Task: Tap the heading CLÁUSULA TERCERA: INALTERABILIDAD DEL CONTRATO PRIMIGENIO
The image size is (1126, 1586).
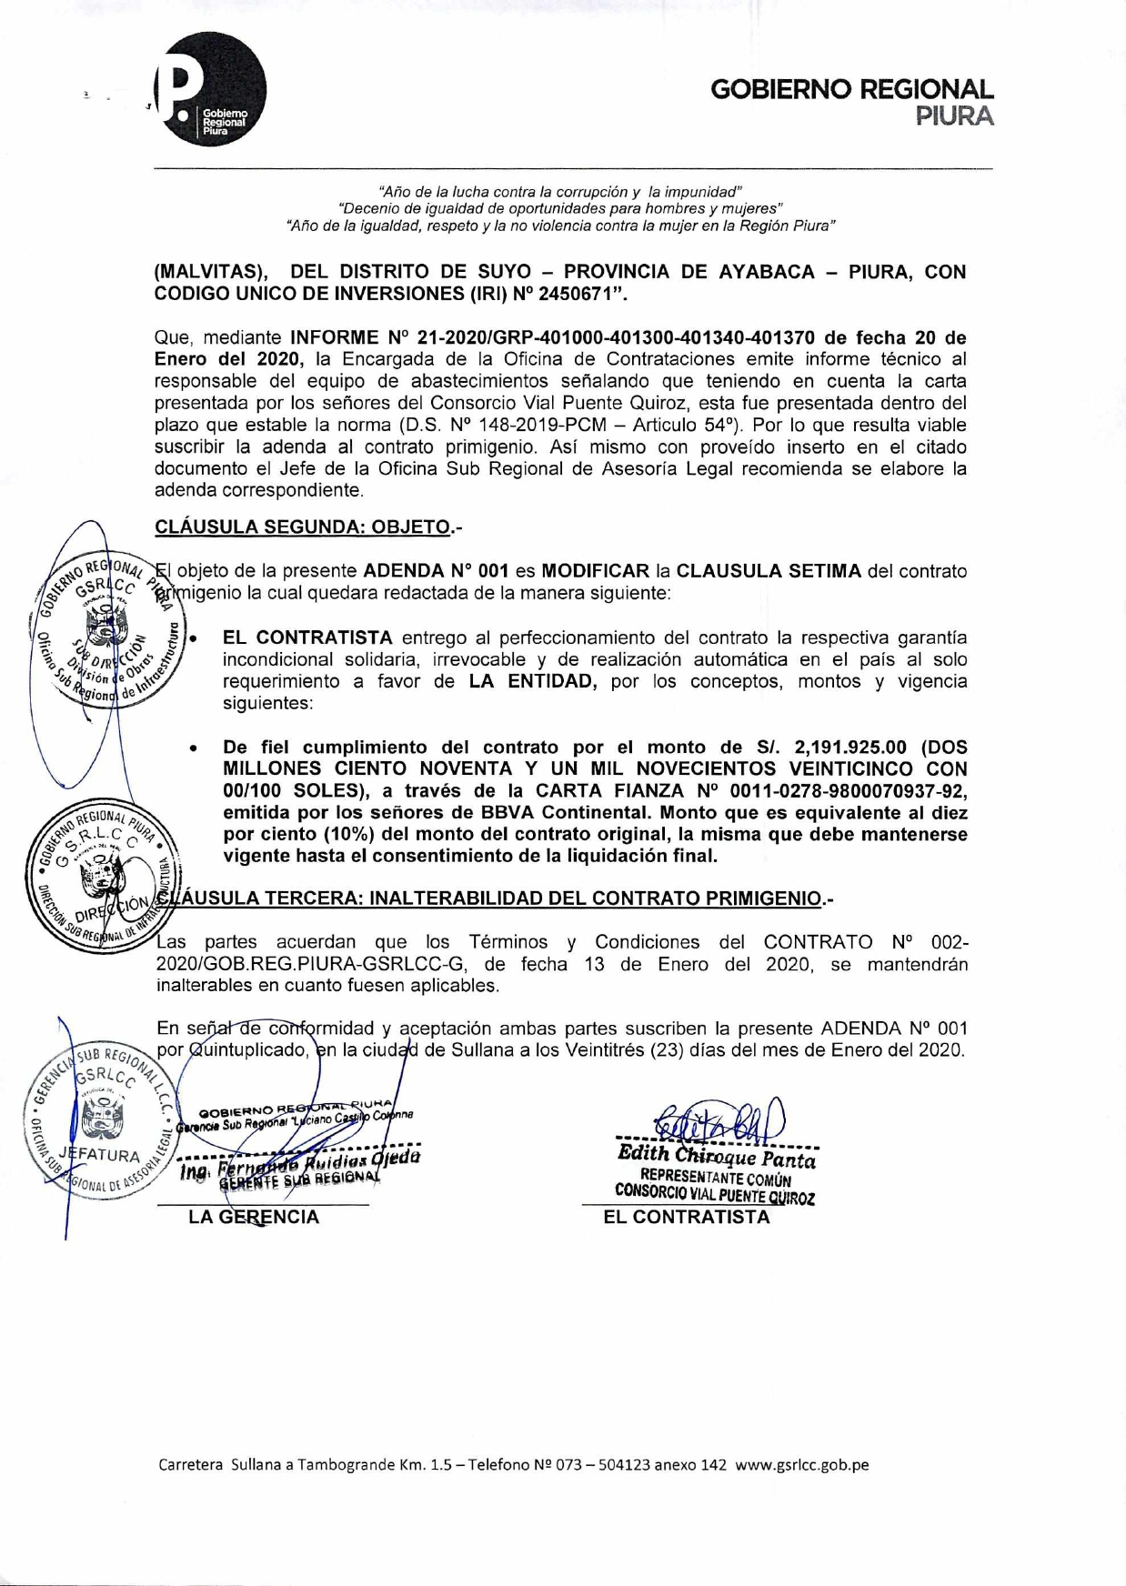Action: point(498,898)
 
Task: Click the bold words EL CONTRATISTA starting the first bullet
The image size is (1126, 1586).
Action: point(307,637)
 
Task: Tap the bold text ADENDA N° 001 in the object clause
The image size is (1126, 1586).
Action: point(436,571)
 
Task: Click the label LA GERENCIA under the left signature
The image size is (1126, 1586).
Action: point(254,1217)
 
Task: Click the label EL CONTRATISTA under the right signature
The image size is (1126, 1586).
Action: point(687,1217)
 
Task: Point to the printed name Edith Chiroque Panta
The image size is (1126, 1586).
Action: point(717,1157)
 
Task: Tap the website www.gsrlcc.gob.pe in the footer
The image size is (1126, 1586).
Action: point(801,1465)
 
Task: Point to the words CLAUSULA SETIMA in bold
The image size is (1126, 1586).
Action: point(769,571)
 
